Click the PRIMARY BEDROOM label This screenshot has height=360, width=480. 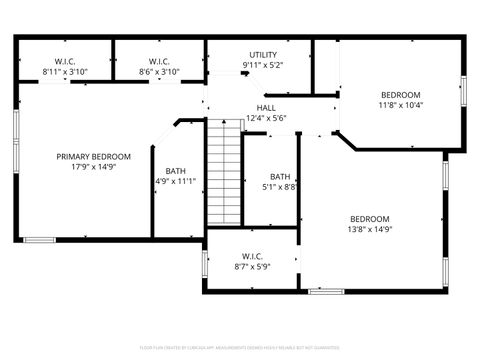[x=93, y=157]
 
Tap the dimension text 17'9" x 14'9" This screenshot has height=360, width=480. [x=93, y=169]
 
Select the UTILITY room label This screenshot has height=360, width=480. [x=263, y=55]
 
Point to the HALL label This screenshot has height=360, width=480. [x=266, y=108]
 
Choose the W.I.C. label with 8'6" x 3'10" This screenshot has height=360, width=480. [x=158, y=61]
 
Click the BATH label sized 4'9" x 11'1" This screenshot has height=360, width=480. [x=175, y=170]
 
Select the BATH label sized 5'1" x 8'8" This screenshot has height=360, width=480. [x=280, y=176]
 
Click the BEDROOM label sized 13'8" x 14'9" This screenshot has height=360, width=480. [x=369, y=219]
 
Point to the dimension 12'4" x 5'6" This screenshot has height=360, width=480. [x=266, y=119]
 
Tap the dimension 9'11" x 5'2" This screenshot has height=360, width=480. [x=263, y=66]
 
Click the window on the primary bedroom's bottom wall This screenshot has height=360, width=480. [x=40, y=240]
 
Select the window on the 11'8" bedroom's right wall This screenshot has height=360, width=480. [x=463, y=90]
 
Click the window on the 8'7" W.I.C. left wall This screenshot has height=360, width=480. [x=204, y=263]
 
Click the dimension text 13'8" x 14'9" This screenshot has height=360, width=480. [x=369, y=230]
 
